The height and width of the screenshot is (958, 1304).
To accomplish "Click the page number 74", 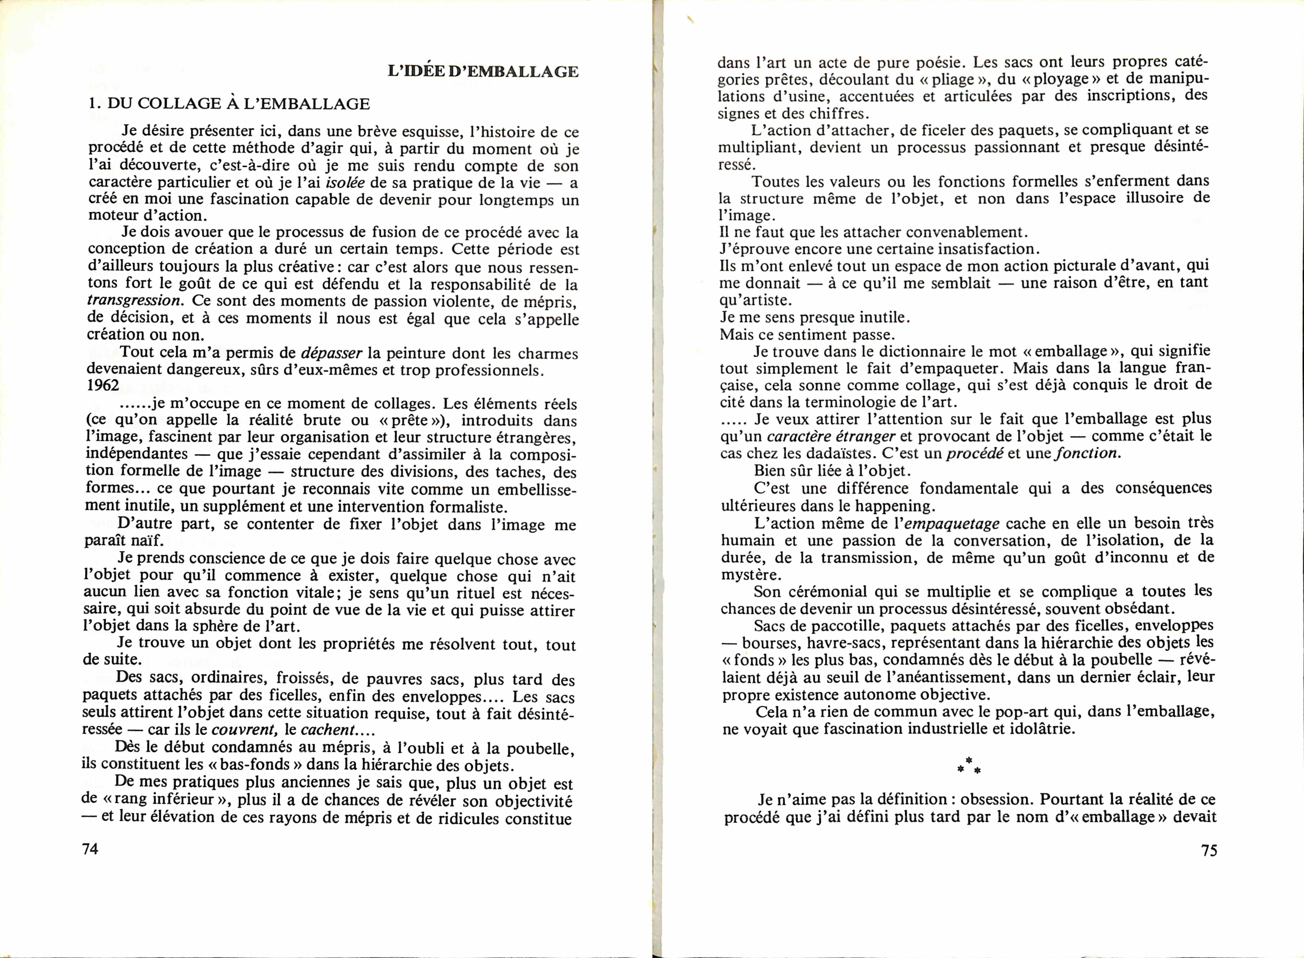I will click(91, 849).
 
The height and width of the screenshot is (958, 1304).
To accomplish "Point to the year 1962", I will click(103, 386).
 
